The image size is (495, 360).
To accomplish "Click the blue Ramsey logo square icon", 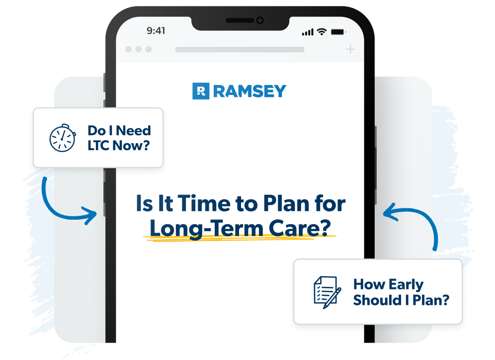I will (x=201, y=91).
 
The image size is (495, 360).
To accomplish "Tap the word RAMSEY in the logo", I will (x=249, y=91).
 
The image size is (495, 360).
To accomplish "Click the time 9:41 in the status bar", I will (x=156, y=31).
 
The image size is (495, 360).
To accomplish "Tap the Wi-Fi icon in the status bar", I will (x=322, y=31).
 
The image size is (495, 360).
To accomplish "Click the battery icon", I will (x=338, y=31).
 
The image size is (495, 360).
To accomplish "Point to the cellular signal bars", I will (x=308, y=32).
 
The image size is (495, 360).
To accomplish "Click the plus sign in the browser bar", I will (x=350, y=49).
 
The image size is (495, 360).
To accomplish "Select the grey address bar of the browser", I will (x=240, y=50).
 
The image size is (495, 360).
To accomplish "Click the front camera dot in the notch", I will (x=259, y=20).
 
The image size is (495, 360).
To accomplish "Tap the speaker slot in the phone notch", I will (x=240, y=20).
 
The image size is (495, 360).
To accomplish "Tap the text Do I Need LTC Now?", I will (x=119, y=138).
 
